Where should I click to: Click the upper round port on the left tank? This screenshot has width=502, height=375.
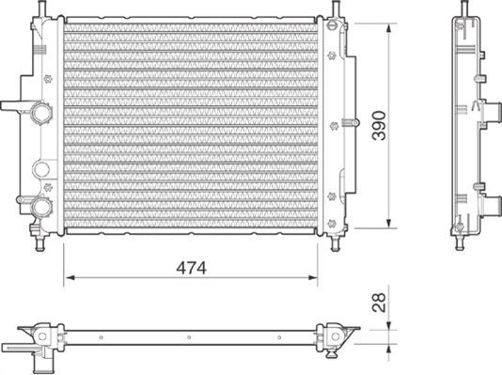pos(40,114)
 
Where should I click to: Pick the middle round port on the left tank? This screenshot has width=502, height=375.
pos(40,170)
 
